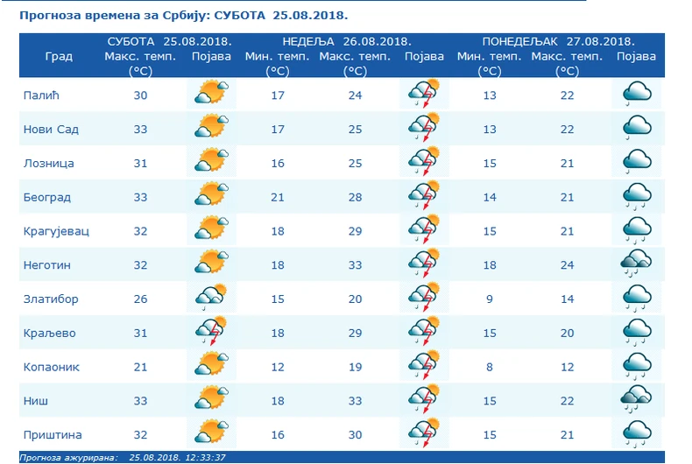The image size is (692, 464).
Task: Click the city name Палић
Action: tap(38, 95)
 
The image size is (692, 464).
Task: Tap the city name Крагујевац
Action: tap(56, 231)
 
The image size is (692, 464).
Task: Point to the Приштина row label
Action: tap(52, 434)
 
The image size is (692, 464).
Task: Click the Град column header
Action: tap(59, 57)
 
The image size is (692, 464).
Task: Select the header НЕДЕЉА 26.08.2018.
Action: tap(347, 41)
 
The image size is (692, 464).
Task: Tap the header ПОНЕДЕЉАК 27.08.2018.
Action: tap(558, 41)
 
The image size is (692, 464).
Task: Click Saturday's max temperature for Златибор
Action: tap(140, 299)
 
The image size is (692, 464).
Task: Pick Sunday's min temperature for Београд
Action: tap(278, 197)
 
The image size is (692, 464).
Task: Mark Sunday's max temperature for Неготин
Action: tap(355, 264)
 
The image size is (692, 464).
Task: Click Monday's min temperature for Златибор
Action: tap(490, 299)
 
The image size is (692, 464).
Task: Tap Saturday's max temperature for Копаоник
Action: tap(140, 367)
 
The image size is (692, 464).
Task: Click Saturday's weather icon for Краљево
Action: tap(211, 332)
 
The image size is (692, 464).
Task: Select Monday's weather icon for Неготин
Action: tap(636, 264)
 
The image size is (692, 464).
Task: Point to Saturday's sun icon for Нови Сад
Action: tap(211, 128)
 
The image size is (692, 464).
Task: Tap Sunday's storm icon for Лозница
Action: tap(424, 163)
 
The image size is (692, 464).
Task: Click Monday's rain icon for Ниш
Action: tap(636, 399)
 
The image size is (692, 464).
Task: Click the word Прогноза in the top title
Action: tap(45, 16)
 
